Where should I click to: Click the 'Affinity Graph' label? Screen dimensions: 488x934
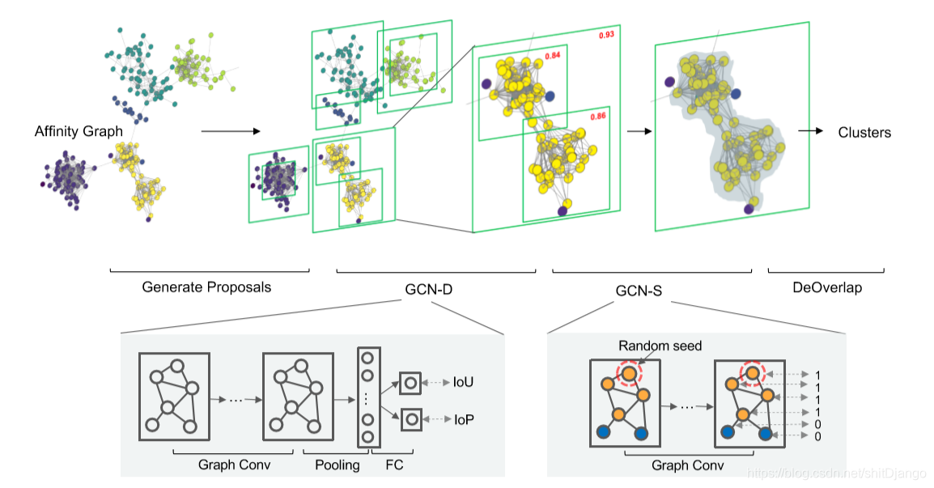[x=79, y=130]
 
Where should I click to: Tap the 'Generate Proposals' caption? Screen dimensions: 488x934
[x=206, y=286]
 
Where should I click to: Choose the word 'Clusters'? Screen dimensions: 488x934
[x=864, y=132]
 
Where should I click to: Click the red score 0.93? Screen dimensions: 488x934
[x=605, y=36]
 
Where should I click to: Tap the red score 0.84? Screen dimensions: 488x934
[x=552, y=56]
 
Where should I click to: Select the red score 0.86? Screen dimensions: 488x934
[x=598, y=117]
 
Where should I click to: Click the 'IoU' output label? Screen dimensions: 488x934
[x=464, y=381]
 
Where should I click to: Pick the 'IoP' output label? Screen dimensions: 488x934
[x=464, y=419]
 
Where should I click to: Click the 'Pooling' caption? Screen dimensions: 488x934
[x=336, y=465]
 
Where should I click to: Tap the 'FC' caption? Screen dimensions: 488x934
[x=394, y=465]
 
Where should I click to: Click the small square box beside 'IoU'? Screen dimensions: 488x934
[x=410, y=382]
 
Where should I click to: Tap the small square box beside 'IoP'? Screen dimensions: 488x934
[x=410, y=419]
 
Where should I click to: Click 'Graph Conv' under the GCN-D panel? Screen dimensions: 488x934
[x=234, y=465]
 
